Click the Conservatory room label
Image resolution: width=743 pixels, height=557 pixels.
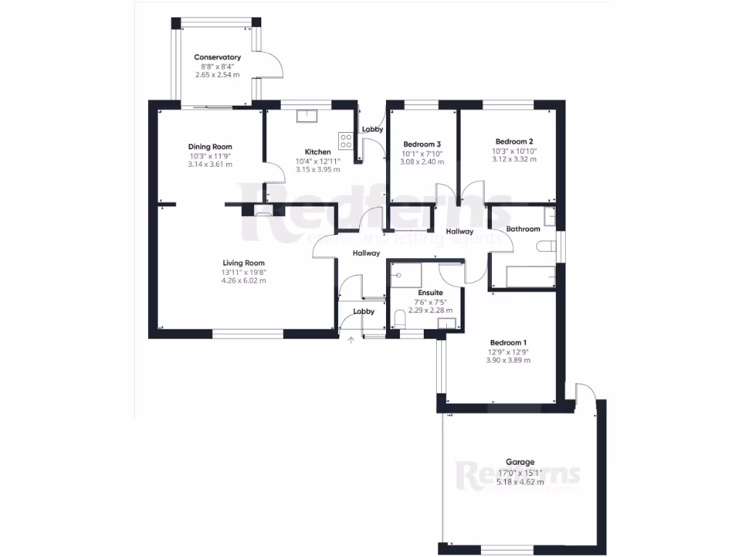(x=217, y=57)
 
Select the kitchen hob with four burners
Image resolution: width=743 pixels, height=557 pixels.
(x=346, y=140)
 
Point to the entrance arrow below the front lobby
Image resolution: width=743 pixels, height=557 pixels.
(x=351, y=339)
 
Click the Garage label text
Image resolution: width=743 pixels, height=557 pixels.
(x=520, y=462)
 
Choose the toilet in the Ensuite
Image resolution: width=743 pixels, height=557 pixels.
(x=399, y=318)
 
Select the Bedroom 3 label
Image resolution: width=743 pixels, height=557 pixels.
(x=422, y=144)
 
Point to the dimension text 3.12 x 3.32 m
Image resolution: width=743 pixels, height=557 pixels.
(x=514, y=160)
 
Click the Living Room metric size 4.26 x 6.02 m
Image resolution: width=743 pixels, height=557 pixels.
(x=244, y=281)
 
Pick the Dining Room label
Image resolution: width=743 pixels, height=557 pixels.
(x=210, y=147)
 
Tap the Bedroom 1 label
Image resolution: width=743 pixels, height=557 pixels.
(x=508, y=342)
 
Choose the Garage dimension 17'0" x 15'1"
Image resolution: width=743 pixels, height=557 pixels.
(x=520, y=471)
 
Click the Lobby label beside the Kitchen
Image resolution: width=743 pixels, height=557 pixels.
(x=373, y=130)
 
